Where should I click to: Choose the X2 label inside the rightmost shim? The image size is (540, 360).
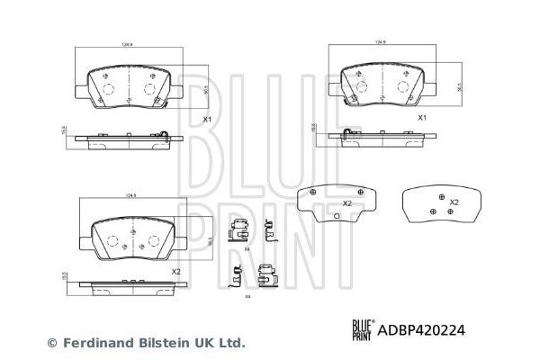tap(454, 202)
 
